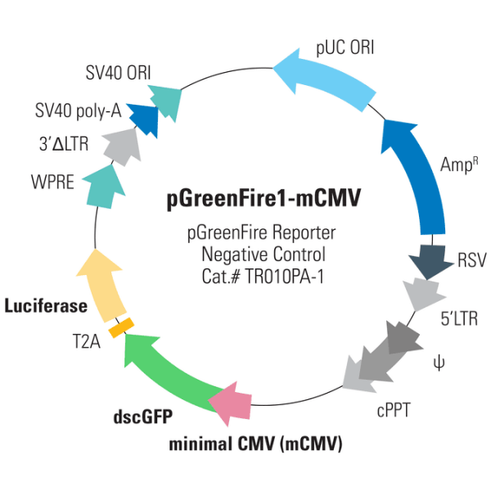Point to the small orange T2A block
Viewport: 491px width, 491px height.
(x=122, y=327)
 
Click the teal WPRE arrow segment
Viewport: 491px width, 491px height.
(x=105, y=185)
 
